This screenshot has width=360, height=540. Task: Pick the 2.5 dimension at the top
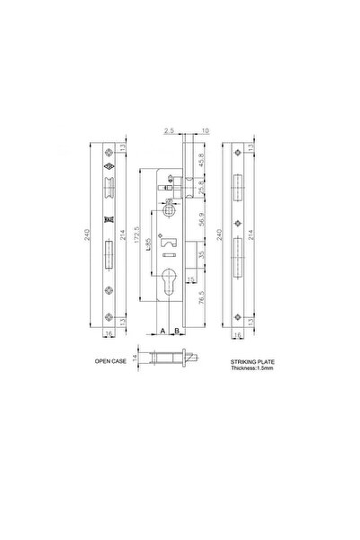[x=170, y=131]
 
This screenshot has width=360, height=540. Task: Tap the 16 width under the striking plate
[x=236, y=334]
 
